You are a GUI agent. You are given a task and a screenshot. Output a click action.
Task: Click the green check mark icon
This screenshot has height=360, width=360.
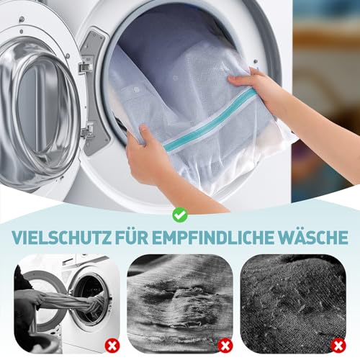[179, 214]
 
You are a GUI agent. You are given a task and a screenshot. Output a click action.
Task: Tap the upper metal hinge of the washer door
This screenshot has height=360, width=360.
[85, 66]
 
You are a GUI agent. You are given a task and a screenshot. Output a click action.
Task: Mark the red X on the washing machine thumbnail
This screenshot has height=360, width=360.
[112, 345]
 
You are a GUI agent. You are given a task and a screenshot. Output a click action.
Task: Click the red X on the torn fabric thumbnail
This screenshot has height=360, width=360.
[225, 345]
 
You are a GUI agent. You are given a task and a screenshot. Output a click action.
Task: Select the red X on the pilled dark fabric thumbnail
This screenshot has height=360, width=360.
[338, 345]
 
